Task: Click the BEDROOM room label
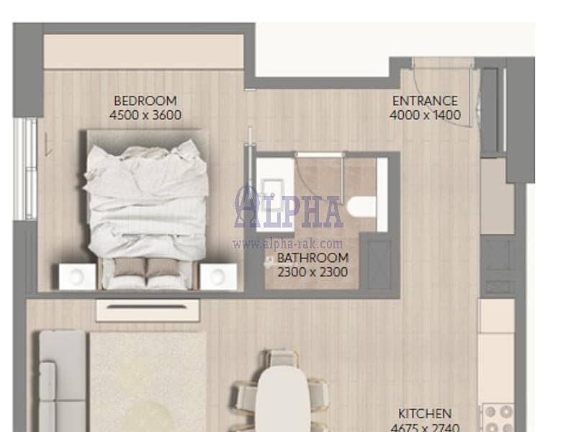[145, 101]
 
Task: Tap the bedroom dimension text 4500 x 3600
[145, 115]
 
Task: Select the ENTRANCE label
[425, 101]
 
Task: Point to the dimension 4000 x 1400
[425, 115]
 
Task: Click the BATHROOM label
[312, 258]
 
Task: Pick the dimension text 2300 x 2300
[312, 272]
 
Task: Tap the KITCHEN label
[425, 413]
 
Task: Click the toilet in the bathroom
[362, 206]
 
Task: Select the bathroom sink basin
[272, 189]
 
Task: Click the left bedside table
[78, 276]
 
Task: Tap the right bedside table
[218, 276]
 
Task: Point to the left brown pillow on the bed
[130, 267]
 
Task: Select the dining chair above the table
[283, 359]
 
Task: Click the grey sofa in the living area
[63, 382]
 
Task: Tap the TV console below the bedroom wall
[148, 311]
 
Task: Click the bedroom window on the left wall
[25, 168]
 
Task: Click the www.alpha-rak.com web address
[287, 243]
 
